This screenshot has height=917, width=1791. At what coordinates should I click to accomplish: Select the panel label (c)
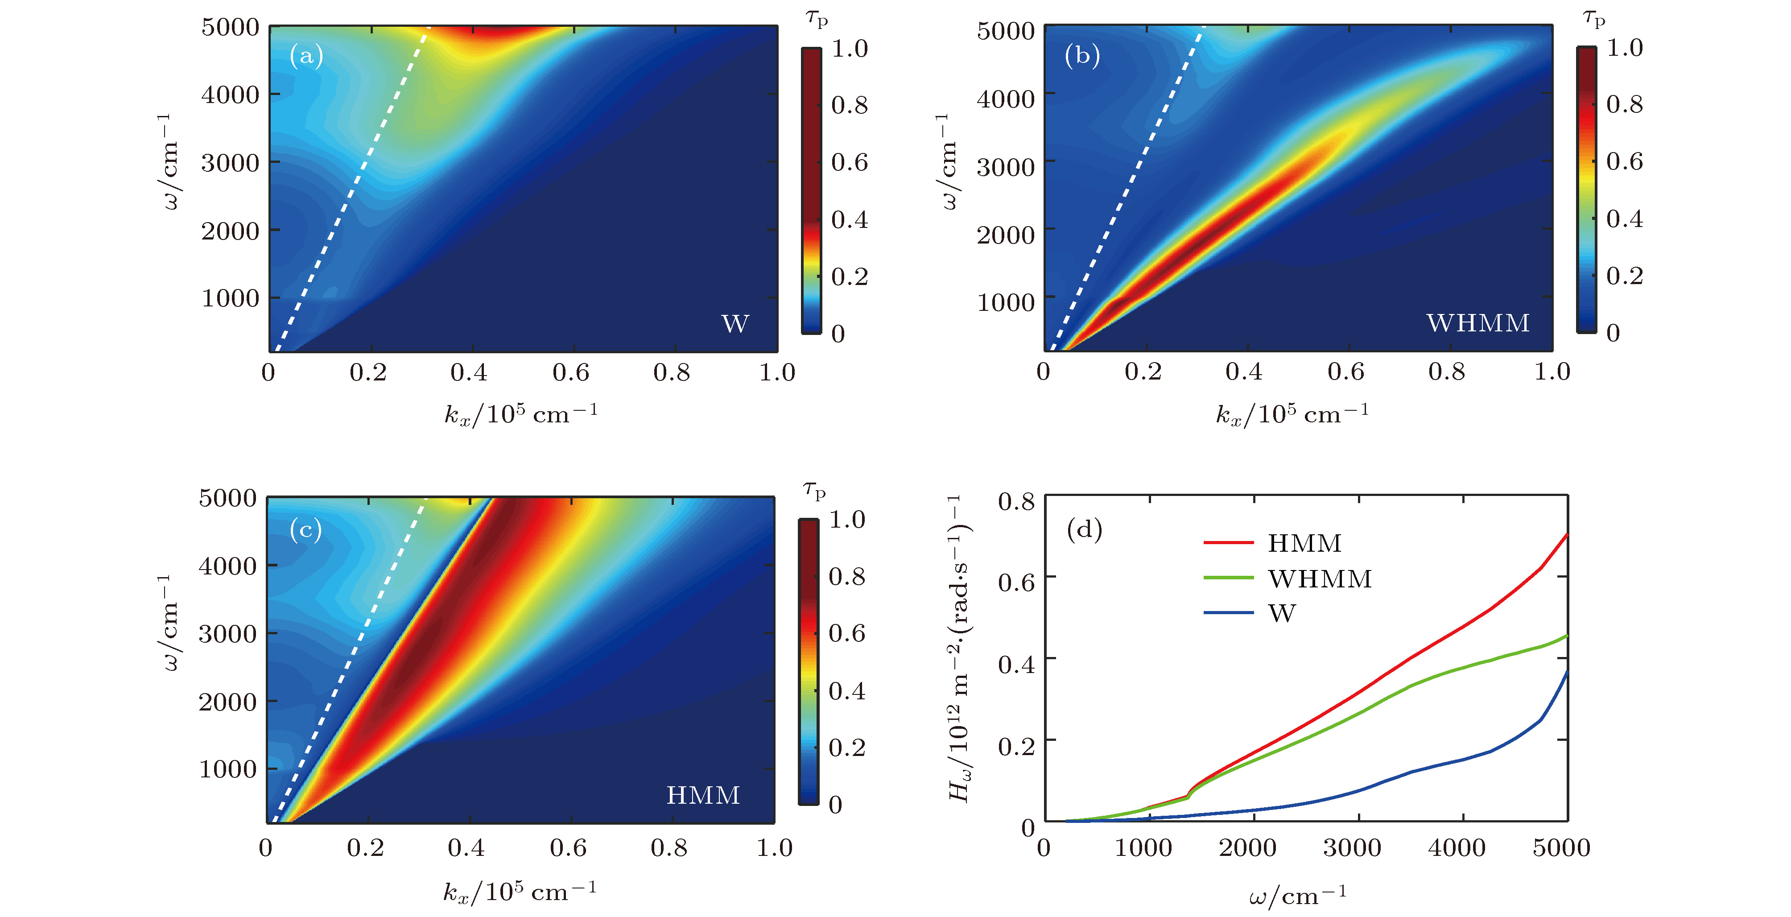pos(306,530)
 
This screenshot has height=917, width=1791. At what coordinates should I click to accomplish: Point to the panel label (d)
pos(1084,530)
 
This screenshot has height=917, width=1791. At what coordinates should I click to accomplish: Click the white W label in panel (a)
pos(735,324)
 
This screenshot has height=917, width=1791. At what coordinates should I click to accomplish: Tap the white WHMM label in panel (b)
pos(1478,323)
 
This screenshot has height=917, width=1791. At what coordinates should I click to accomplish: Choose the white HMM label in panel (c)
pos(703,795)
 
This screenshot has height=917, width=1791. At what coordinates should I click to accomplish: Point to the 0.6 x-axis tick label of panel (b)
pos(1345,372)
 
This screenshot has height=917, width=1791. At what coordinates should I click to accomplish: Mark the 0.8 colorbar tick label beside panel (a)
pos(850,106)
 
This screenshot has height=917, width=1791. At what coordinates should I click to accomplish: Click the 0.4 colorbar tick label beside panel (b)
pos(1625,219)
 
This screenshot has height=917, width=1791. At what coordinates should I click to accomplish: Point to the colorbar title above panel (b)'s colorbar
pos(1594,19)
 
